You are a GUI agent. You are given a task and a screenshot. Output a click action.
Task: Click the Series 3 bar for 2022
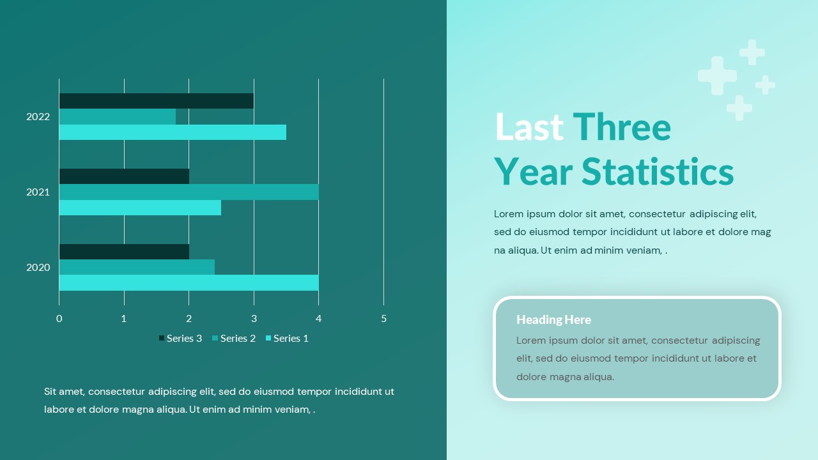[157, 101]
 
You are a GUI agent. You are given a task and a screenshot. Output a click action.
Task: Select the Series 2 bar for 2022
[118, 116]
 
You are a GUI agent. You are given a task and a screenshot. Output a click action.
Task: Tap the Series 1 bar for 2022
[173, 132]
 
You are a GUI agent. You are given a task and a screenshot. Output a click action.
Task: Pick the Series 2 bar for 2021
[189, 192]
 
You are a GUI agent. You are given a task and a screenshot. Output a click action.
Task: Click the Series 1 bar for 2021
[140, 208]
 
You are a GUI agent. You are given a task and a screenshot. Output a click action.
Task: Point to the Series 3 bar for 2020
[124, 252]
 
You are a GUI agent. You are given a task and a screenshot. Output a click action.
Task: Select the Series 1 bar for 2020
[189, 283]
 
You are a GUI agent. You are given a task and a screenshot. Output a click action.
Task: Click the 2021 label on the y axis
[38, 192]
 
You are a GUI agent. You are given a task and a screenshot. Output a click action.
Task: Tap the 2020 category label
[38, 268]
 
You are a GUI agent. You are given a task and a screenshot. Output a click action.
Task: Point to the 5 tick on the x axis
[384, 319]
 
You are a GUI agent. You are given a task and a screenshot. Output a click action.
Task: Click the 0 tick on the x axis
[59, 319]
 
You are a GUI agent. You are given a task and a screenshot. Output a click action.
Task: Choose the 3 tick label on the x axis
[254, 319]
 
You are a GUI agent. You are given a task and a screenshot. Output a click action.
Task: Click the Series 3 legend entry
[180, 339]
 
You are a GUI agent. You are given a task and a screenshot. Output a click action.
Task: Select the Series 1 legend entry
[287, 339]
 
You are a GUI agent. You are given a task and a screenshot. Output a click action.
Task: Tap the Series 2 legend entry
[234, 339]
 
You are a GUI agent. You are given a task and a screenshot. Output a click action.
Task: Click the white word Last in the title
[529, 127]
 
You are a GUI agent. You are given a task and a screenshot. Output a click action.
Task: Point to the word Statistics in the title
[658, 172]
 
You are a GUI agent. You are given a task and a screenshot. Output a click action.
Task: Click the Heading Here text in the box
[553, 320]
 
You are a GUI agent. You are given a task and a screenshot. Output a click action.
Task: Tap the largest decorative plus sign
[717, 75]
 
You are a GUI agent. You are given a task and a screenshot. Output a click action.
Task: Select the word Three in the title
[622, 127]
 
